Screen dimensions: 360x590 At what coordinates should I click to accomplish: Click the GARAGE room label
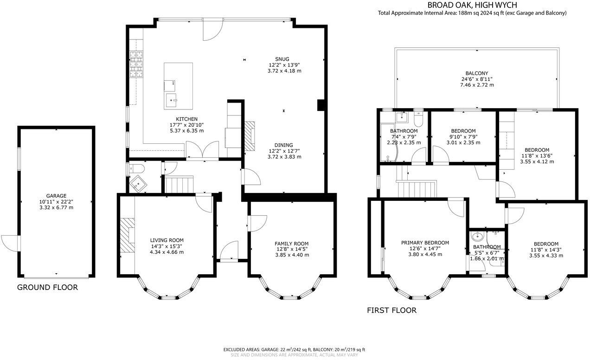[56, 196]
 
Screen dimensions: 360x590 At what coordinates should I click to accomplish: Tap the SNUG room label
[282, 59]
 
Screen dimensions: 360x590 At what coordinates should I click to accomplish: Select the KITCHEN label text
[186, 119]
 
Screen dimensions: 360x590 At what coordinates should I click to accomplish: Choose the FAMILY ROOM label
[291, 244]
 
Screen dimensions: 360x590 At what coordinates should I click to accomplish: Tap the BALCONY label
[476, 73]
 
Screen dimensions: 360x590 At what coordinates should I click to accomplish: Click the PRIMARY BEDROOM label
[425, 243]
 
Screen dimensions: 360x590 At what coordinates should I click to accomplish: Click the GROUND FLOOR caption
[47, 288]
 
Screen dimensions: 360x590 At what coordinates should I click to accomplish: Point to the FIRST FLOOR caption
[391, 310]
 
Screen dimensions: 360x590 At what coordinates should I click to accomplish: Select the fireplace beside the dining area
[250, 135]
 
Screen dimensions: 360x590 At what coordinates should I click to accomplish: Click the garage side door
[10, 242]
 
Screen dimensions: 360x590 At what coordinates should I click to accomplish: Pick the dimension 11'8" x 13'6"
[537, 156]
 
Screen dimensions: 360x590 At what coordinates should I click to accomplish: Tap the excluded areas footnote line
[294, 349]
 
